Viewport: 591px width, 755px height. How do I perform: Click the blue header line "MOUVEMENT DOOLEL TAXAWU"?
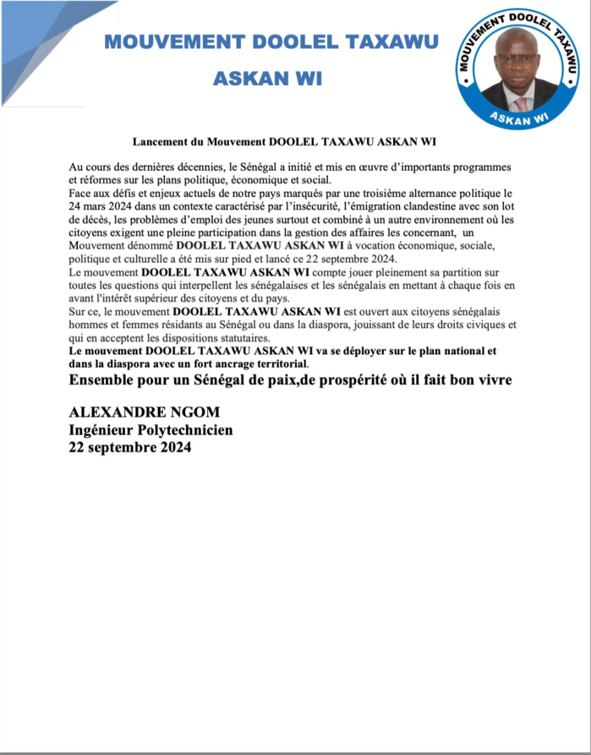(271, 42)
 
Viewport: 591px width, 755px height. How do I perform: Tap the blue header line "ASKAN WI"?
(267, 79)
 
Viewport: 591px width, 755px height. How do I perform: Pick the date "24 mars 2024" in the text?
(102, 205)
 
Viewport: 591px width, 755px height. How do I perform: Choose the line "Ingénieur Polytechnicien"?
(150, 430)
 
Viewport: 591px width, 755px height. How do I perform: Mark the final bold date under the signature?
(130, 448)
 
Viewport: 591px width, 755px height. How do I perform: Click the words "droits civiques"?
(486, 324)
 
